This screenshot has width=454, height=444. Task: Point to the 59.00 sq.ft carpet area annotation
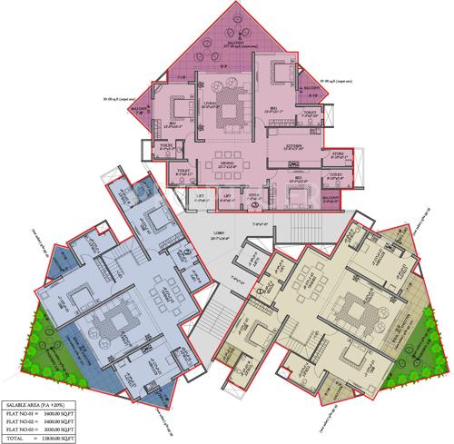click(x=337, y=83)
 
